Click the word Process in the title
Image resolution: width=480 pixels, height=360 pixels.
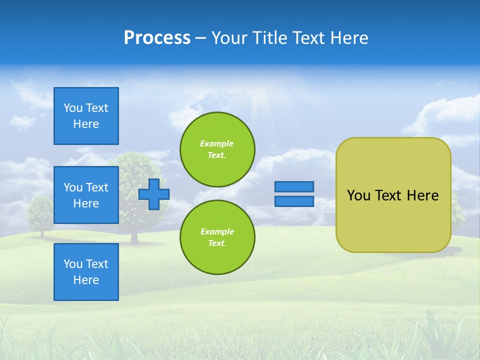coord(157,38)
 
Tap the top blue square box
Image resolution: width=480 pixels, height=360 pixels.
coord(86,116)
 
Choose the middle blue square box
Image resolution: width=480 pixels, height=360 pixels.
coord(86,195)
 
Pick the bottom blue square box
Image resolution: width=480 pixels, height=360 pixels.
coord(86,272)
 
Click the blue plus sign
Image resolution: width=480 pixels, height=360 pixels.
coord(154,194)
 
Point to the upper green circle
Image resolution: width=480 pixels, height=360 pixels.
coord(217,149)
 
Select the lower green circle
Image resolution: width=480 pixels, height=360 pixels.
coord(217,237)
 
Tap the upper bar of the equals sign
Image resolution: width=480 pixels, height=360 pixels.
coord(294,186)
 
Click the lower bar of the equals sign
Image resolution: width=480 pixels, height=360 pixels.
coord(294,201)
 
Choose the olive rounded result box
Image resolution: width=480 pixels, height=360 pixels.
coord(393,194)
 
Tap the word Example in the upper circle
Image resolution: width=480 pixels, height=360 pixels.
coord(217,143)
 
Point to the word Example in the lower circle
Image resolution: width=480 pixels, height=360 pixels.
coord(217,231)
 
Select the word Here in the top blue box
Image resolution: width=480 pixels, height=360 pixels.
coord(86,124)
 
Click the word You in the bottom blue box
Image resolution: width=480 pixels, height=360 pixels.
coord(73,264)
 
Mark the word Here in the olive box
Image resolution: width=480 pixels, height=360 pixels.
coord(422,195)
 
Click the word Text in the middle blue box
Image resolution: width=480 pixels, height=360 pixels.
coord(97,187)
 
